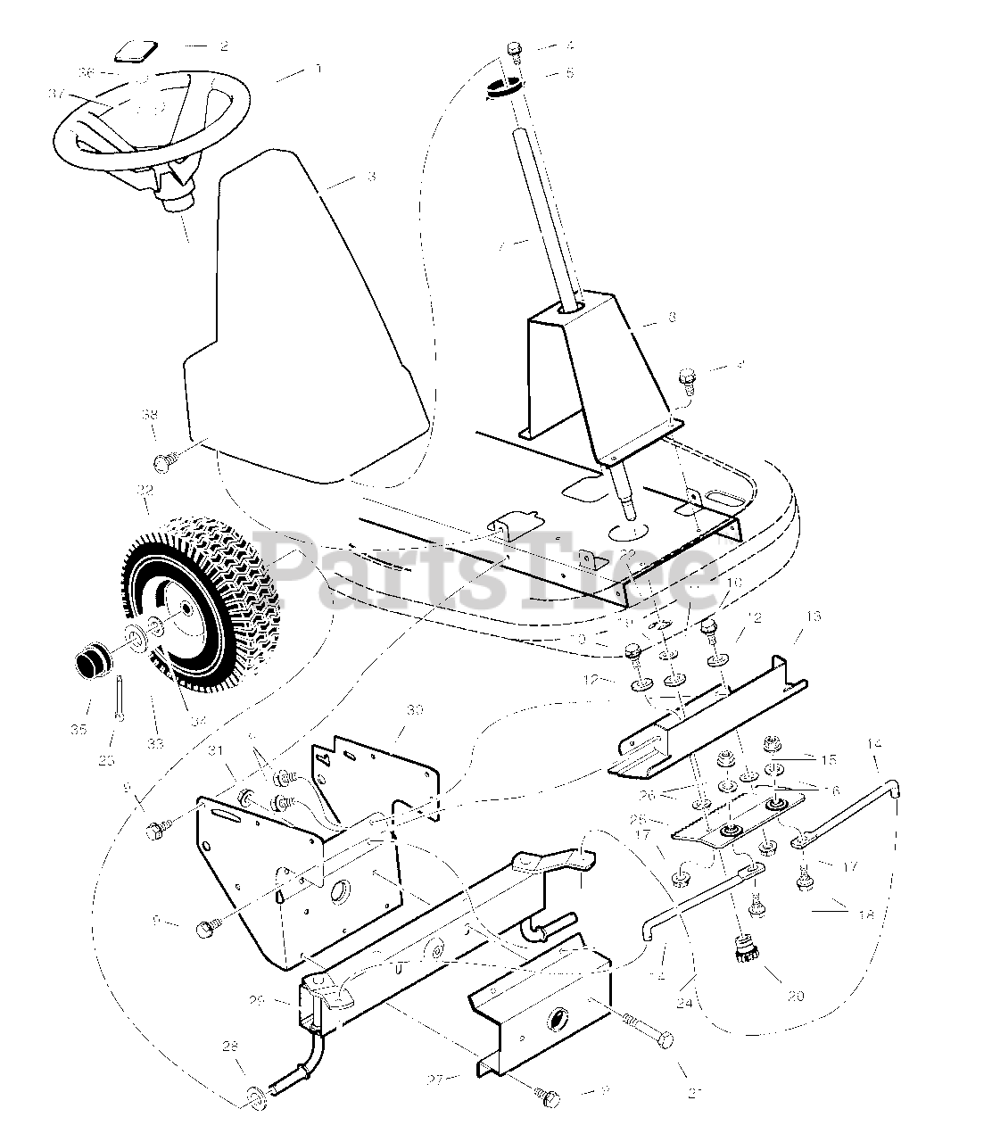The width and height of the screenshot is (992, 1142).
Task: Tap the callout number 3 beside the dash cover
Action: pos(370,177)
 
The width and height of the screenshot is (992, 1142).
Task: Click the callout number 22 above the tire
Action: pos(145,490)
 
